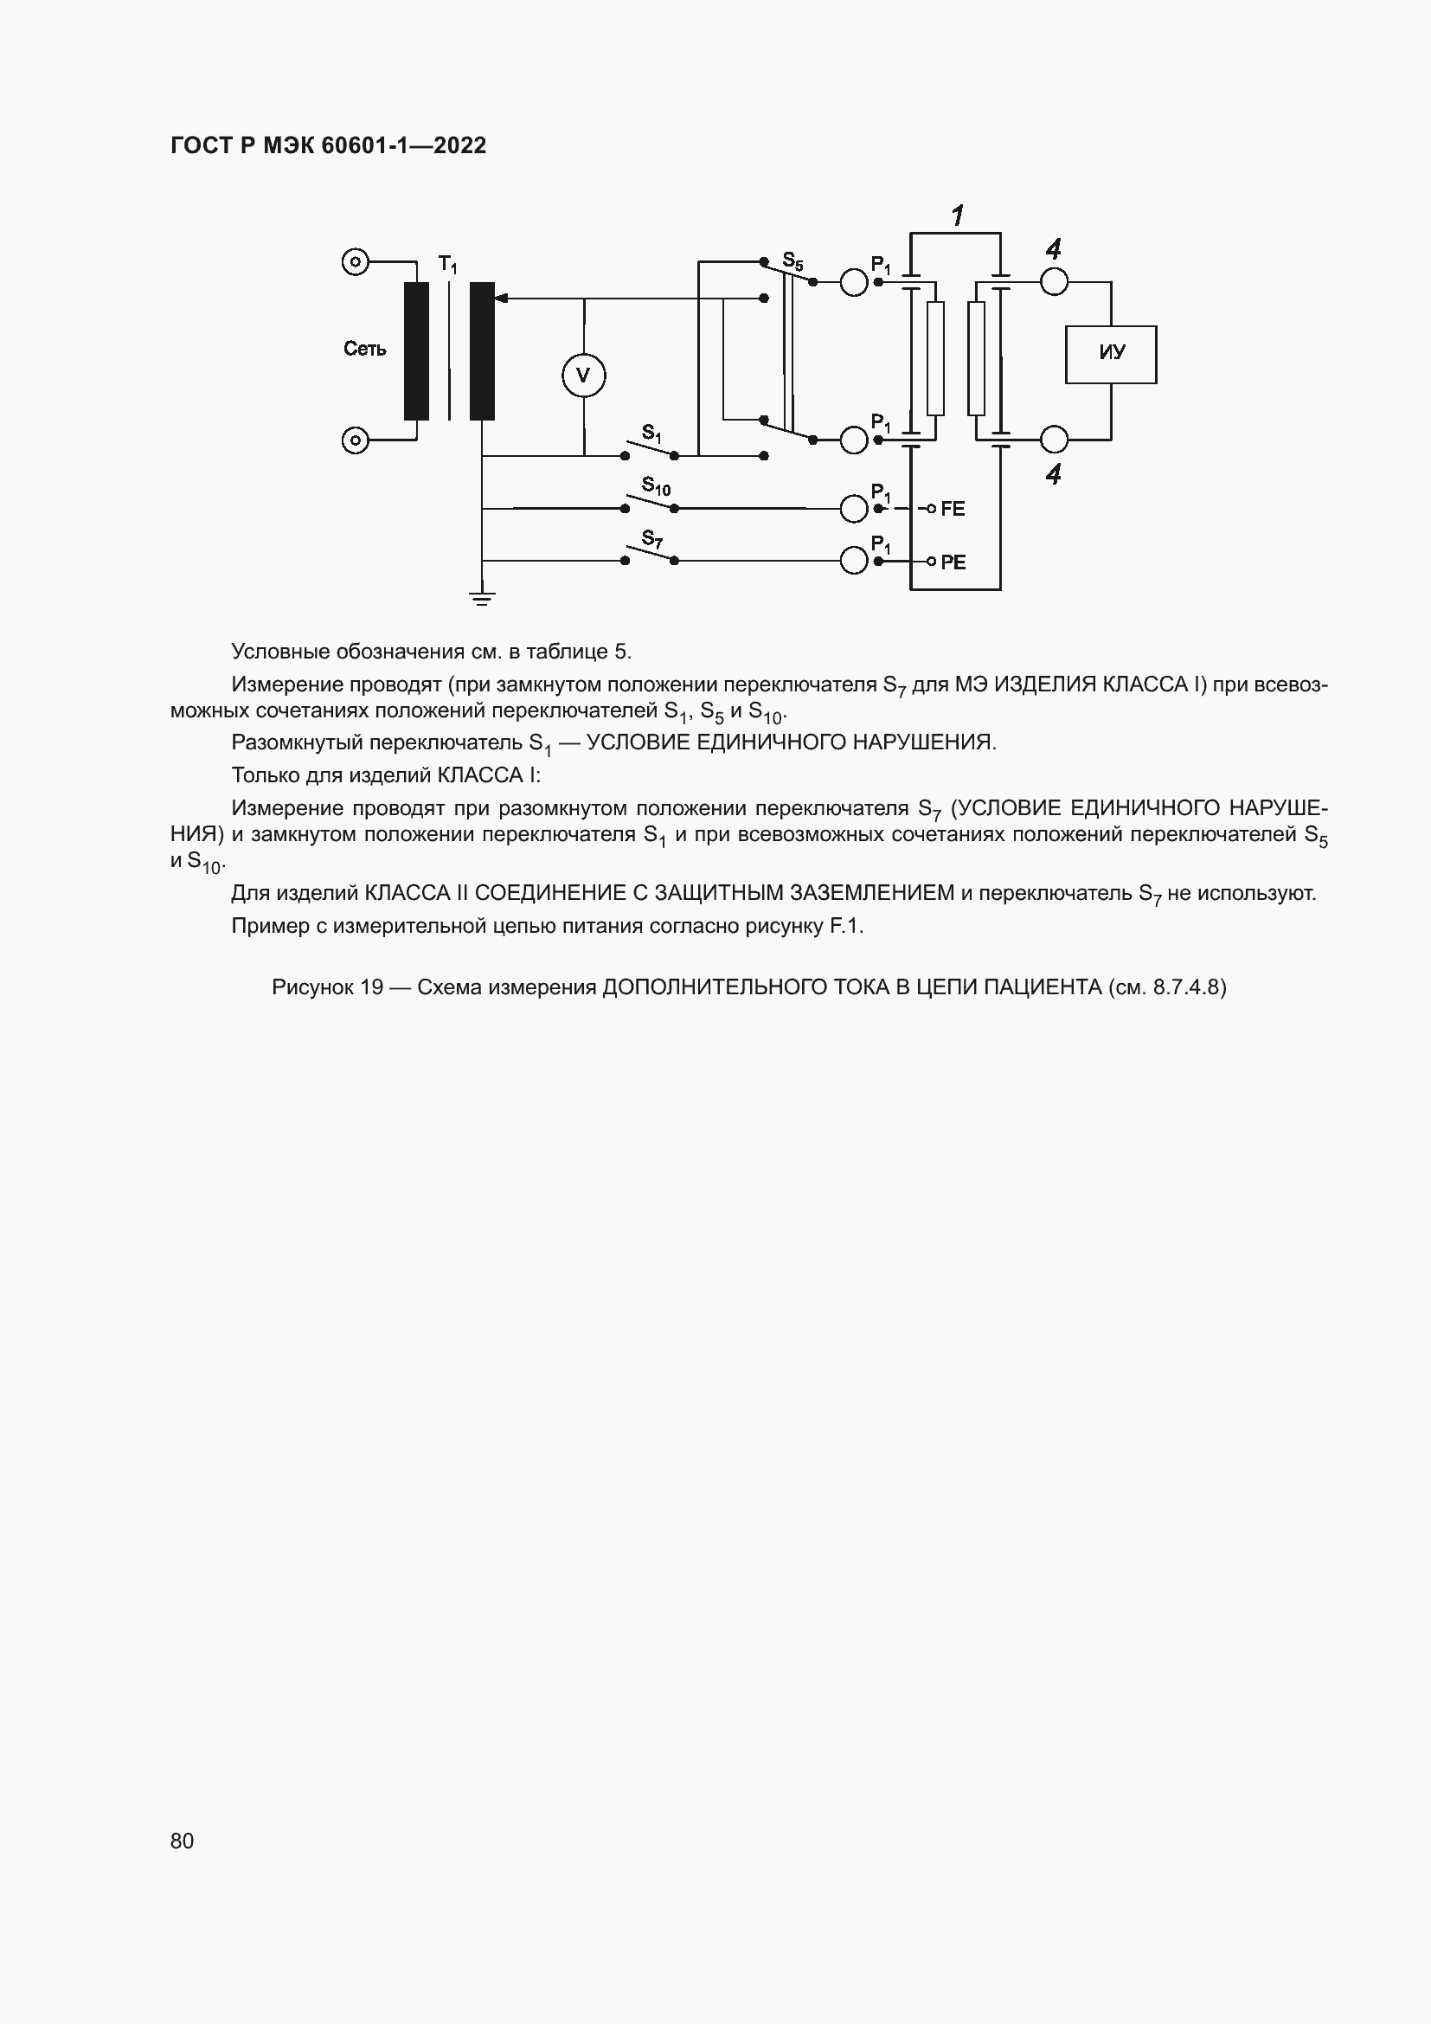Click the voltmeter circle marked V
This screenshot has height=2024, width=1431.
(583, 376)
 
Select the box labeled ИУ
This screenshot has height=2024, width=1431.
(1110, 355)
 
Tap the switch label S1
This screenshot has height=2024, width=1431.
(651, 433)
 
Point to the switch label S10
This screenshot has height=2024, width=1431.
(656, 485)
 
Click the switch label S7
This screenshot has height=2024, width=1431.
(652, 538)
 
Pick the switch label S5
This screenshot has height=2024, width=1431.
(793, 261)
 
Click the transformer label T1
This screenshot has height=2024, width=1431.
(447, 264)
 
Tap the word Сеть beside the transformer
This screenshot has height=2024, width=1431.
(365, 350)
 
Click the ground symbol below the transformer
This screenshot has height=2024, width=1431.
(482, 599)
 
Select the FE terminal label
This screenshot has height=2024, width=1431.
(953, 509)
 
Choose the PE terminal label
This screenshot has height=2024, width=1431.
(953, 562)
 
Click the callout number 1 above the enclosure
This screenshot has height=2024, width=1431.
(957, 215)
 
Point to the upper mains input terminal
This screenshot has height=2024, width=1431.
(354, 262)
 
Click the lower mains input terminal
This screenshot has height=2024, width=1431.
(354, 440)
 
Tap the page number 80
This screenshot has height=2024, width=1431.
(182, 1841)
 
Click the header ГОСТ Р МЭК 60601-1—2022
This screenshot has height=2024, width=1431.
(328, 145)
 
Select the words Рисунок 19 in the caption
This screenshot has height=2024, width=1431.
(327, 986)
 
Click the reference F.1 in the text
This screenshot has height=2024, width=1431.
(846, 926)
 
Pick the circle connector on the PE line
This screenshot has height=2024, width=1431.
(853, 561)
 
